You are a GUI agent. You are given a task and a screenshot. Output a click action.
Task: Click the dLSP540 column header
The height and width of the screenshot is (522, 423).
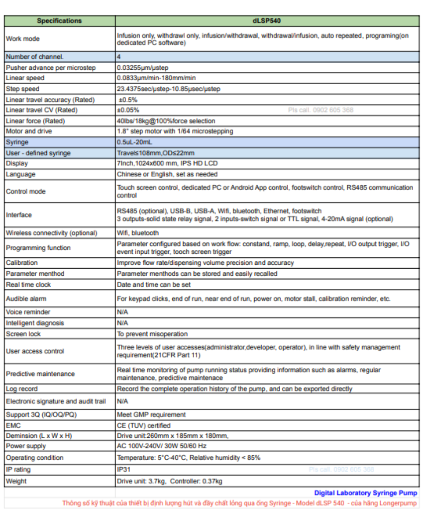pos(267,21)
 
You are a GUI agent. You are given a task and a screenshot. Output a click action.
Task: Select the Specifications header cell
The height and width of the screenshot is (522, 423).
pos(59,21)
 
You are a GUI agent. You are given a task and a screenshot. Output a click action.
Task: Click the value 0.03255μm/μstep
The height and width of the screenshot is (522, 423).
pos(142,68)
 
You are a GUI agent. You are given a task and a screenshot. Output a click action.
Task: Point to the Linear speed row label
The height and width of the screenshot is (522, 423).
pos(25,78)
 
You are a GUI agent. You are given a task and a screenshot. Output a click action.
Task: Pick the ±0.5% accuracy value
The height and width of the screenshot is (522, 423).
pos(128,100)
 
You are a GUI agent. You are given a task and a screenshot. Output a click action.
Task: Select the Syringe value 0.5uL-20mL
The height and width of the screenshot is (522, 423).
pos(134,142)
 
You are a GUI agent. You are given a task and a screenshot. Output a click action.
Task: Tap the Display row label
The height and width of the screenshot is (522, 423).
pos(17,163)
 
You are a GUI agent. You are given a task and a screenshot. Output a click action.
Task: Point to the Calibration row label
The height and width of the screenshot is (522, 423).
pos(22,263)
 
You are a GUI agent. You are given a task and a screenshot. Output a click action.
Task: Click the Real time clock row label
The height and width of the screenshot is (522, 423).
pos(28,285)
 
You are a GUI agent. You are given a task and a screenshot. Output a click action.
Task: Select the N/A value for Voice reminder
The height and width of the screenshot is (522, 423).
pos(122,312)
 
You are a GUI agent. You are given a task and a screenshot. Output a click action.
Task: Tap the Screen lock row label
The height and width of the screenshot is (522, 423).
pos(23,334)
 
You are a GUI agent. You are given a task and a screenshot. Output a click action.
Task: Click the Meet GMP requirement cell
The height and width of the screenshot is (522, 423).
pos(151,414)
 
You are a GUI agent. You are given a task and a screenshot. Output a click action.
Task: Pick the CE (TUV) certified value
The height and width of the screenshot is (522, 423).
pos(144,425)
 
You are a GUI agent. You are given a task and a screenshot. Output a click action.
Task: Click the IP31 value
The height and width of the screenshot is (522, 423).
pos(123,469)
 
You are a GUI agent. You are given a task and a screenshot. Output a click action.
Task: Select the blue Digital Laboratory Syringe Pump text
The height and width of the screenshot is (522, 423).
pos(365,493)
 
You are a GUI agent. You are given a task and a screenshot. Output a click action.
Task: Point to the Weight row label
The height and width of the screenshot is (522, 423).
pos(16,481)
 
